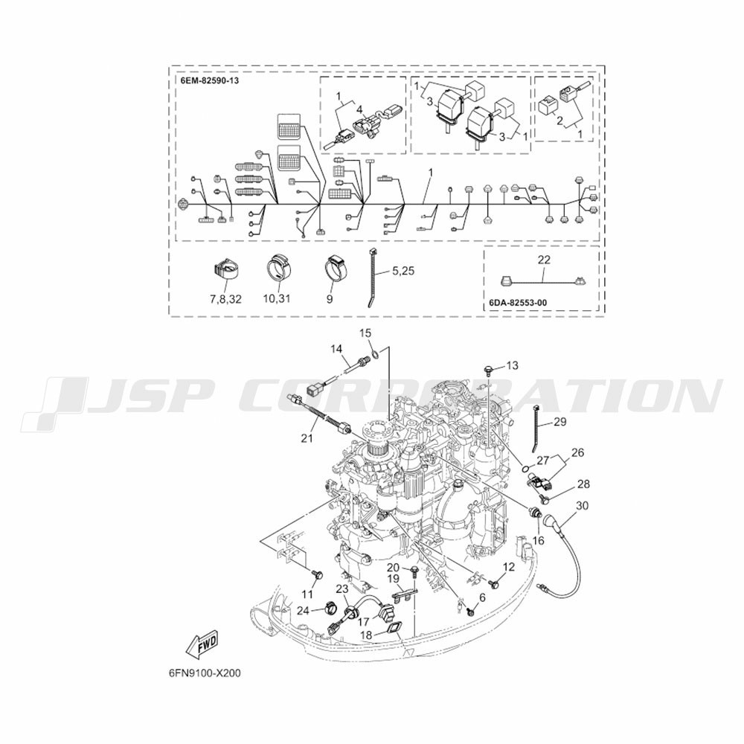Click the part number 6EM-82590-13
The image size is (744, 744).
(x=209, y=80)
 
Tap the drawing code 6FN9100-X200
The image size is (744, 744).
(x=204, y=673)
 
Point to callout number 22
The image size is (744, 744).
(x=544, y=260)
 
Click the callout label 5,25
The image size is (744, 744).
(x=403, y=271)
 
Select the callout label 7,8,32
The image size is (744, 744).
(x=225, y=299)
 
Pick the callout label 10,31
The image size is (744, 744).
(x=277, y=299)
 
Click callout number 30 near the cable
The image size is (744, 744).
(x=582, y=506)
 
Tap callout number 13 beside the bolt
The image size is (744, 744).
(x=513, y=365)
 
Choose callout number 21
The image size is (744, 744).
(x=307, y=437)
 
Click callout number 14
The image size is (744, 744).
(x=336, y=349)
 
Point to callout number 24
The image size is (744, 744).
(x=304, y=611)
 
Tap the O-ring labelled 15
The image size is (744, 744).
(x=374, y=353)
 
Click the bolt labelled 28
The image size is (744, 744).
(x=545, y=497)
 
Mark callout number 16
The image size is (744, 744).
(x=538, y=540)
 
